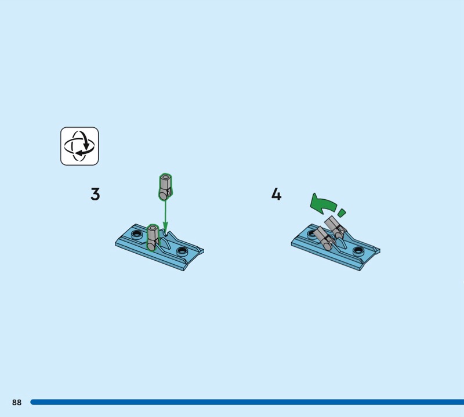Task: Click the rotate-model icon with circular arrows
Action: (79, 146)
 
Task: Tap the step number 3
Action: (95, 195)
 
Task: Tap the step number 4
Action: (277, 195)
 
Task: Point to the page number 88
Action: (17, 402)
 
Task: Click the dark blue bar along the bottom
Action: (247, 402)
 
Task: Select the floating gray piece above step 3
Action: (165, 188)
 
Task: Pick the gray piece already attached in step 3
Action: (153, 238)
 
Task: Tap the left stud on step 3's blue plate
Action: (136, 234)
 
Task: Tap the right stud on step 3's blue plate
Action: (182, 251)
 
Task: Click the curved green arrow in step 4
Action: (322, 204)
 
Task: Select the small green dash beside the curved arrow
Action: (342, 212)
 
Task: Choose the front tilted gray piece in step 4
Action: (324, 238)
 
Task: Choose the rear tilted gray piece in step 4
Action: (335, 227)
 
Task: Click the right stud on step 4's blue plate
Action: (358, 251)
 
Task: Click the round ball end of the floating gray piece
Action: (163, 195)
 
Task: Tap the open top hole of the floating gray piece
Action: (165, 177)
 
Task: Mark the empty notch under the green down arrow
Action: (166, 234)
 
